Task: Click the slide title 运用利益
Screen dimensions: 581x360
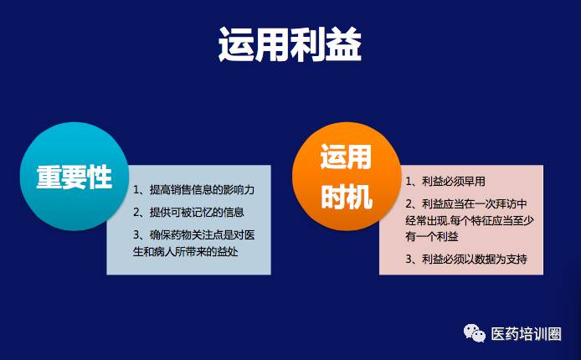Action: [x=290, y=45]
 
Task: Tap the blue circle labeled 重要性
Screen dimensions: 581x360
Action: [x=75, y=177]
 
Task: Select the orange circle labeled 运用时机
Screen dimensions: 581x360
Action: [x=347, y=177]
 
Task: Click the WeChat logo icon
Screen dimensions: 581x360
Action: [x=475, y=332]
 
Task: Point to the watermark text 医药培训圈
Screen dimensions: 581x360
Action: [x=526, y=334]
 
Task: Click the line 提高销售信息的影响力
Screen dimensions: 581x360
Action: [x=202, y=190]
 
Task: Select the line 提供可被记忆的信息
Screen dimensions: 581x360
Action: [x=197, y=212]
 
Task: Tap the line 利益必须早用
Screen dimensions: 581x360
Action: [x=454, y=181]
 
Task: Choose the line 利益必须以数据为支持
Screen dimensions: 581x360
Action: [x=475, y=259]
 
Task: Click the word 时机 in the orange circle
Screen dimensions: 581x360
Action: [x=347, y=196]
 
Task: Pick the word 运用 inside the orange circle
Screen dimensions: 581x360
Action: [x=346, y=157]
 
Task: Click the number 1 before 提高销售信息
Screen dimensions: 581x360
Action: [x=136, y=190]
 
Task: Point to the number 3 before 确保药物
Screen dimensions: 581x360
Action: [x=136, y=235]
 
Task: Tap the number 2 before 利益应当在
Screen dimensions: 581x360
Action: [x=409, y=204]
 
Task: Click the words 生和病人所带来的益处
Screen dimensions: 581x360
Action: [x=185, y=252]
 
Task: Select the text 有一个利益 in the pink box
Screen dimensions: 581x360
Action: [x=432, y=236]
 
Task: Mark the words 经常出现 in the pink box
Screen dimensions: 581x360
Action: [x=426, y=220]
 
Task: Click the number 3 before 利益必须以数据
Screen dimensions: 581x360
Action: [x=409, y=260]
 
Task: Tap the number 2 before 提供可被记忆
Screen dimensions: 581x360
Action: [x=136, y=213]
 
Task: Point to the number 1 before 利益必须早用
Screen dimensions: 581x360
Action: [x=409, y=182]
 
